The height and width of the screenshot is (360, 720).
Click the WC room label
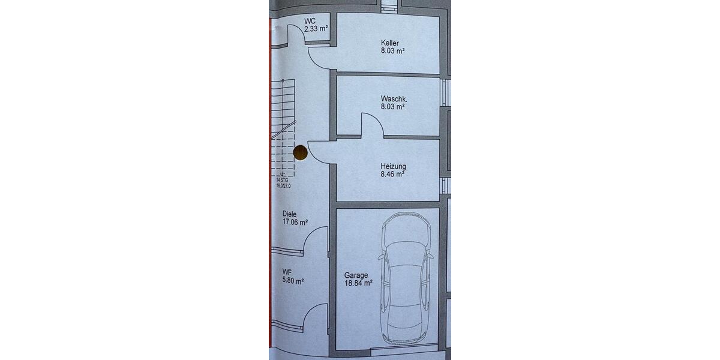click(310, 21)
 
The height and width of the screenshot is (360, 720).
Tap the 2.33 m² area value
click(316, 29)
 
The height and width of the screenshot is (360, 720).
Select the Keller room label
click(390, 43)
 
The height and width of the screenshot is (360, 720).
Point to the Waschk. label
click(394, 98)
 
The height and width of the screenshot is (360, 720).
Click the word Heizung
click(393, 167)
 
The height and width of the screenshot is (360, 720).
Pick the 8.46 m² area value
click(392, 174)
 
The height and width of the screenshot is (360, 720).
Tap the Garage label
click(356, 275)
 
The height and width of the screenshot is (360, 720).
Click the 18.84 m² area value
click(358, 283)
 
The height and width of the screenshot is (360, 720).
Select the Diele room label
click(289, 214)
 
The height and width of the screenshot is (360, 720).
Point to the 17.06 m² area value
click(295, 222)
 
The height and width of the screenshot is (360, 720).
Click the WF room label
click(287, 272)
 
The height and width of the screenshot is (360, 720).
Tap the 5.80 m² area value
click(293, 281)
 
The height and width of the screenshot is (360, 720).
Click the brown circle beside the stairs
click(300, 152)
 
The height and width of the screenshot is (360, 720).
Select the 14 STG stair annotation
click(282, 181)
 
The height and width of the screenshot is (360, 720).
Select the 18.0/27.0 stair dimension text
click(283, 186)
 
